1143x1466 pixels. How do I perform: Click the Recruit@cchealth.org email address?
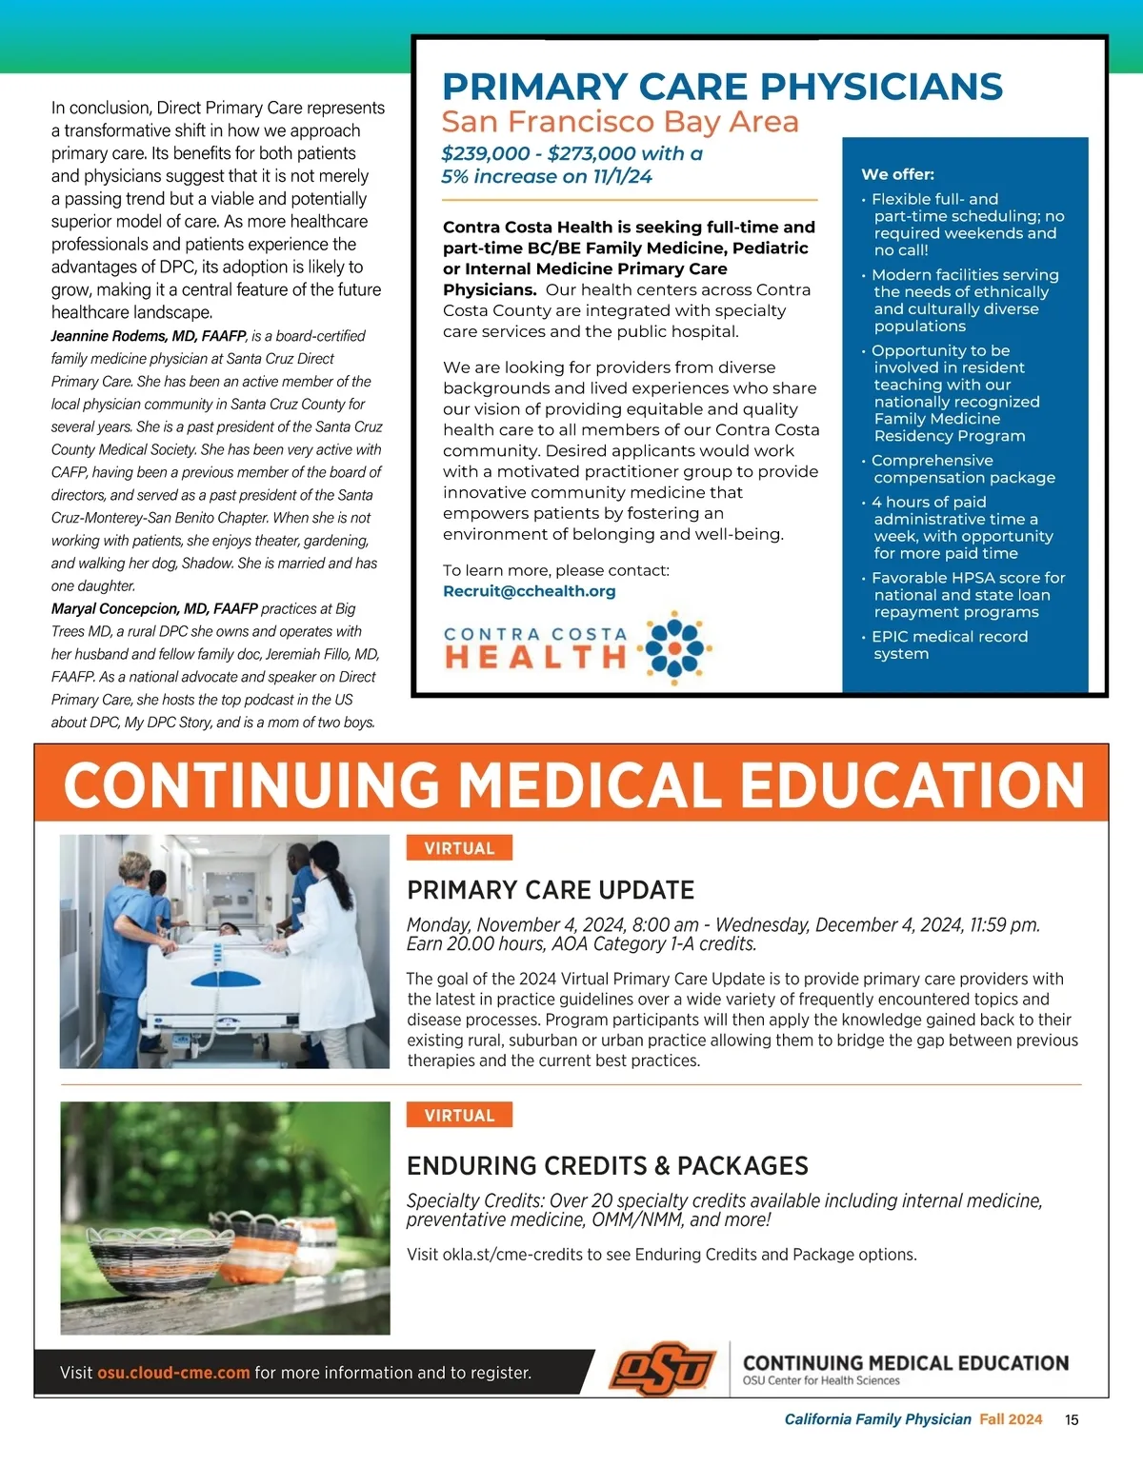(x=529, y=591)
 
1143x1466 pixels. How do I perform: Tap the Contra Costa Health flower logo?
(x=675, y=648)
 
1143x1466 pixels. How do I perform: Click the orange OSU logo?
(x=663, y=1370)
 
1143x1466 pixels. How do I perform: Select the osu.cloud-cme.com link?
(x=173, y=1373)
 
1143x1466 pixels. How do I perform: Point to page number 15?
(x=1072, y=1419)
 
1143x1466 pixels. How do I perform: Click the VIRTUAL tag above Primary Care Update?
(x=459, y=848)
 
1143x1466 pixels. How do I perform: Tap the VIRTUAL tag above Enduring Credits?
(x=459, y=1116)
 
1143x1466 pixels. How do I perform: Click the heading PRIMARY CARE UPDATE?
(x=551, y=890)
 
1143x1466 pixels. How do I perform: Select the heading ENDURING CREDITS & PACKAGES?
(x=607, y=1166)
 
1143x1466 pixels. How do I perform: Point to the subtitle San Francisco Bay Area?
(x=620, y=122)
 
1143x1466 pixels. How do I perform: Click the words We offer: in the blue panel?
(x=897, y=174)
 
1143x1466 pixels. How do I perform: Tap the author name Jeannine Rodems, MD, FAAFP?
(x=149, y=336)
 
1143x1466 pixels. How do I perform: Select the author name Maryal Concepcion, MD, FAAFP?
(x=154, y=609)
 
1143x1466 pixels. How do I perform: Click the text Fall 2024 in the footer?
(x=1011, y=1419)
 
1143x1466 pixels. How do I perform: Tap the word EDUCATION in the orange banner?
(x=912, y=785)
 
